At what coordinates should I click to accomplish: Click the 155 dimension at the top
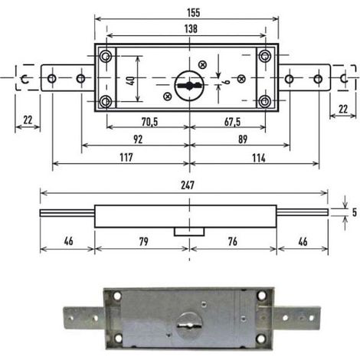point(193,13)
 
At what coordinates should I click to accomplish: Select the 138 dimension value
point(191,28)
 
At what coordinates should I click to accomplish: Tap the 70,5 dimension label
point(150,122)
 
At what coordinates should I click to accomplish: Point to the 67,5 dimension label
point(232,122)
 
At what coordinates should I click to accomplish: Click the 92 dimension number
point(138,139)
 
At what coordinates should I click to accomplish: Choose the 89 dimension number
point(243,139)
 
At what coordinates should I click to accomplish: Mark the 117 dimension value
point(126,158)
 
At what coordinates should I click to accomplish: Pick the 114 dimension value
point(259,158)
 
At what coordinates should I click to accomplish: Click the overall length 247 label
point(188,185)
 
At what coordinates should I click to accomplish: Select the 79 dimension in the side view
point(143,241)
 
